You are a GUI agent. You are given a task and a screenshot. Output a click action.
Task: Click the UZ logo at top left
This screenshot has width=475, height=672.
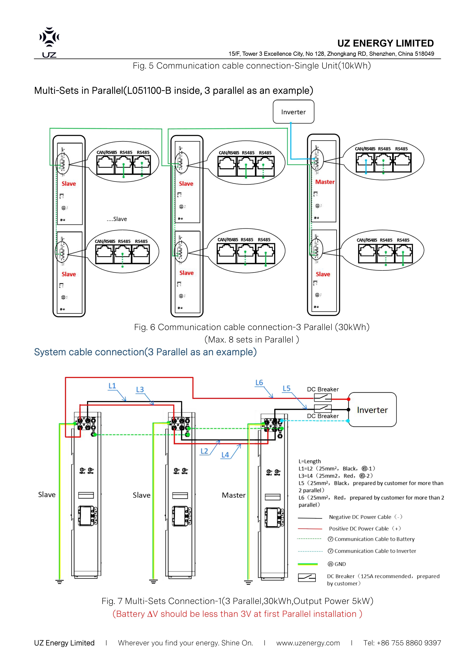coord(49,42)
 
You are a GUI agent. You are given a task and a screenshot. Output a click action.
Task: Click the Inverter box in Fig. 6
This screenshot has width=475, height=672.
coord(293,112)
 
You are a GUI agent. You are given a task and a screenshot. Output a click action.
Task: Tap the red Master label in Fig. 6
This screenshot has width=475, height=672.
coord(325,182)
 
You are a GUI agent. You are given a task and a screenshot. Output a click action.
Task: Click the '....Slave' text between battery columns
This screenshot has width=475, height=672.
coord(117,219)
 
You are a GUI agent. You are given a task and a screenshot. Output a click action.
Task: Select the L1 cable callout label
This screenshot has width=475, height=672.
coord(112,386)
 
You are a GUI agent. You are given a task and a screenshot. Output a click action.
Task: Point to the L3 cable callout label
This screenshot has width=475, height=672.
coord(140,390)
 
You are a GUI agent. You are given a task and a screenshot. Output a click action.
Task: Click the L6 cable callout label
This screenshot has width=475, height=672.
coord(259,383)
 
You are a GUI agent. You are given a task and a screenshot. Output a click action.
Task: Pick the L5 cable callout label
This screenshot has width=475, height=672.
coord(286,388)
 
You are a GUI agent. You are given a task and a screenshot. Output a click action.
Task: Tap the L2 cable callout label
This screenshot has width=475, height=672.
coord(204,451)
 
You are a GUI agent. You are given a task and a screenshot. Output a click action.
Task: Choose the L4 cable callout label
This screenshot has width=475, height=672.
coord(225,455)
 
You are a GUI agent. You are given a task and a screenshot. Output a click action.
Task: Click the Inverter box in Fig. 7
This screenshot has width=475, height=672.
coord(372,410)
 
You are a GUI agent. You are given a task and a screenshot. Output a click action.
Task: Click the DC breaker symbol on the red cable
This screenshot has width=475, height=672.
coord(323,397)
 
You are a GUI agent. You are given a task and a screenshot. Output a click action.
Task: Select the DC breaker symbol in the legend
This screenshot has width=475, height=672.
coord(307,577)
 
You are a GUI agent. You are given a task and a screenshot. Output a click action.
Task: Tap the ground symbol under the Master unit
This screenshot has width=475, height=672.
coord(248,582)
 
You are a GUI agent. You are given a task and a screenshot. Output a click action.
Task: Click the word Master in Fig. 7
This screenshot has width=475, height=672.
coord(233,495)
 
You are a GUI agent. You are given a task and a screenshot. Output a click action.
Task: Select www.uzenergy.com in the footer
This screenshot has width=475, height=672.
coord(308,643)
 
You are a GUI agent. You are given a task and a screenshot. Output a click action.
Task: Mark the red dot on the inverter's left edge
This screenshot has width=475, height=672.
coord(348,399)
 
